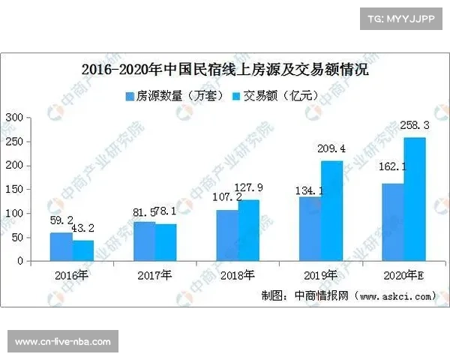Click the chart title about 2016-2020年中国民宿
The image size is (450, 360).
click(x=224, y=72)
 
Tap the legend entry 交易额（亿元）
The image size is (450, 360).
click(x=277, y=96)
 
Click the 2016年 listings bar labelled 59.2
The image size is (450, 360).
click(x=61, y=247)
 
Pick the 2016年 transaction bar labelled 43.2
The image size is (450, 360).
click(x=82, y=250)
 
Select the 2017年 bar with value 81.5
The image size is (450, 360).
click(x=145, y=241)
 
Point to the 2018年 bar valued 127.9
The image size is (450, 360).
click(x=248, y=230)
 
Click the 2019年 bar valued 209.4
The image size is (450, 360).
click(x=331, y=211)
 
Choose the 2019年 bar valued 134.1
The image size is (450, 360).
click(x=310, y=229)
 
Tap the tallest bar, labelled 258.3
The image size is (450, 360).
click(x=414, y=199)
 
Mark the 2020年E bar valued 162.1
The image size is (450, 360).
click(x=393, y=222)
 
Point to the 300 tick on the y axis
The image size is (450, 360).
click(x=14, y=118)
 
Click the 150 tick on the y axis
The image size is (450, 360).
click(x=14, y=190)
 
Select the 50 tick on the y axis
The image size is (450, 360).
click(x=17, y=238)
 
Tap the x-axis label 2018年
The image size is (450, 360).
click(x=238, y=275)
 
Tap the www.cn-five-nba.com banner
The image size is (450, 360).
click(x=63, y=342)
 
